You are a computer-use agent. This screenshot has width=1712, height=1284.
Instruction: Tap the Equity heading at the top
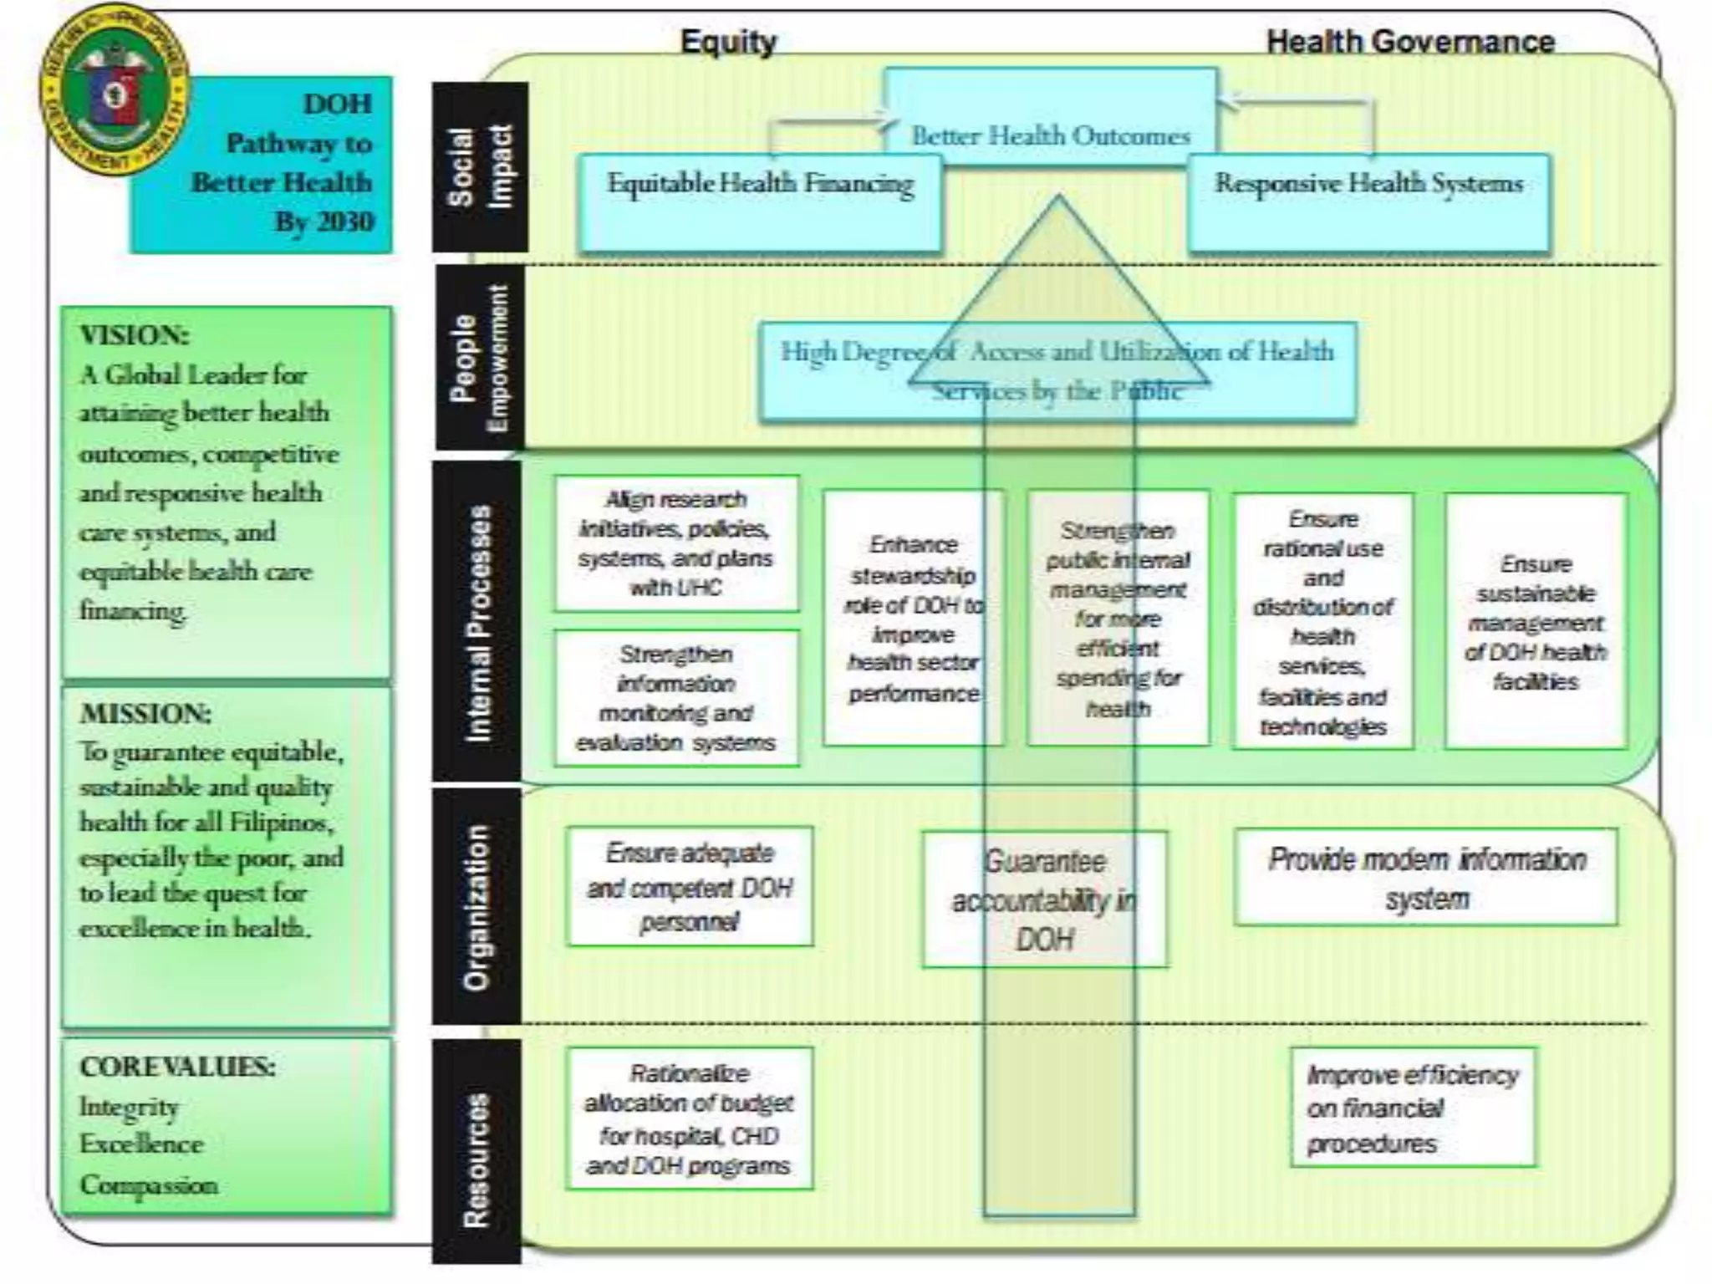[x=728, y=41]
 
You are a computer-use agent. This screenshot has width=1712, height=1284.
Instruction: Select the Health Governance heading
[x=1410, y=41]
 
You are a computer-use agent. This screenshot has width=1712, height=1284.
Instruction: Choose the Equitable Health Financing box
[x=760, y=201]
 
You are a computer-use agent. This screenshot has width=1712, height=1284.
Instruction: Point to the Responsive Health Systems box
[x=1368, y=201]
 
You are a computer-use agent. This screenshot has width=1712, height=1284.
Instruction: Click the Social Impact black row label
[x=480, y=166]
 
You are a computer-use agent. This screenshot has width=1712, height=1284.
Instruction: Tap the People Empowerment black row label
[x=480, y=358]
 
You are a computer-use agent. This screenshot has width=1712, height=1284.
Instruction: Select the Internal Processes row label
[x=477, y=622]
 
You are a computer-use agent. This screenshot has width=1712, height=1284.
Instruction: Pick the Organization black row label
[x=476, y=906]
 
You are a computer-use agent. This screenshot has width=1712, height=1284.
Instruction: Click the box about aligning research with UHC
[x=676, y=543]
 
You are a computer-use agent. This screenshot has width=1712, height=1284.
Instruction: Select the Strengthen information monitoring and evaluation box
[x=676, y=698]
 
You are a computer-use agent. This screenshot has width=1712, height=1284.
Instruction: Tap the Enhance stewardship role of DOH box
[x=913, y=618]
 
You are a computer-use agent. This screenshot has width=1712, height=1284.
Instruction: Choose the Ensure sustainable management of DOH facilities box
[x=1536, y=621]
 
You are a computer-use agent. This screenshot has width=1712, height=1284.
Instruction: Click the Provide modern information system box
[x=1426, y=878]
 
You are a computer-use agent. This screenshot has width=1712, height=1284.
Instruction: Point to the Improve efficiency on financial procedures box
[x=1413, y=1108]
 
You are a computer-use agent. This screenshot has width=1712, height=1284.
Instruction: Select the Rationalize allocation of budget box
[x=689, y=1118]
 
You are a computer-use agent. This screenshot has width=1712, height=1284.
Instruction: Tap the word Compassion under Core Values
[x=149, y=1185]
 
